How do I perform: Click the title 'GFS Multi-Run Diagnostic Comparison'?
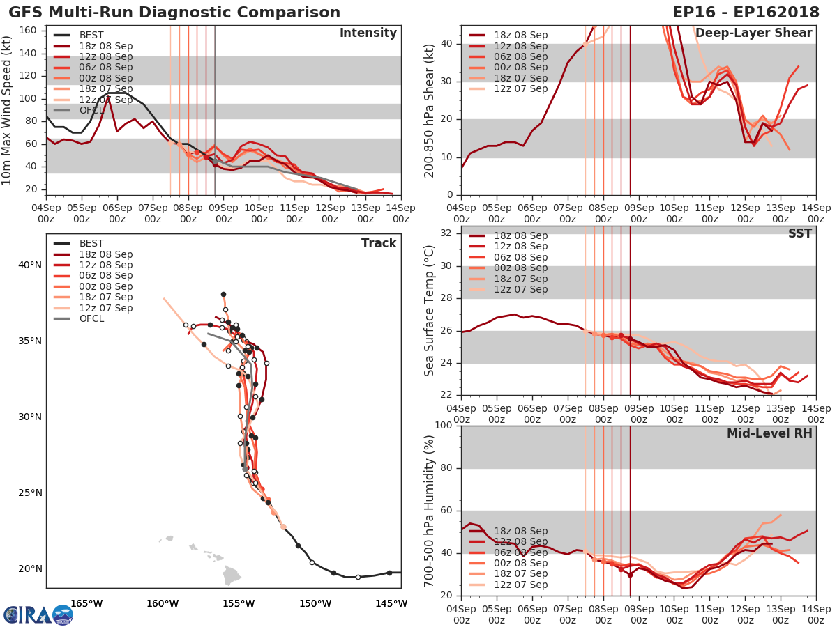[x=174, y=13]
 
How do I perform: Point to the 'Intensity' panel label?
[x=368, y=33]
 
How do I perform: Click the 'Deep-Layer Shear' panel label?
[x=753, y=33]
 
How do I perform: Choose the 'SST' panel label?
[x=799, y=234]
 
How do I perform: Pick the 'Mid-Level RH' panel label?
[x=769, y=433]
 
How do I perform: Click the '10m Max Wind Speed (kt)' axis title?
[x=7, y=111]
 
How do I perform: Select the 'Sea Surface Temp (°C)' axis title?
[x=430, y=311]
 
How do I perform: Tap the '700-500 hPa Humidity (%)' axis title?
[x=430, y=511]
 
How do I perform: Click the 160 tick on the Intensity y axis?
[x=31, y=31]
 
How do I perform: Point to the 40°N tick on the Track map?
[x=30, y=265]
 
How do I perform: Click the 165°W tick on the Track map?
[x=86, y=603]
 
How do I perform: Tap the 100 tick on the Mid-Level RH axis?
[x=444, y=426]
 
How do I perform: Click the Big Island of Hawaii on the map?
[x=232, y=576]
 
